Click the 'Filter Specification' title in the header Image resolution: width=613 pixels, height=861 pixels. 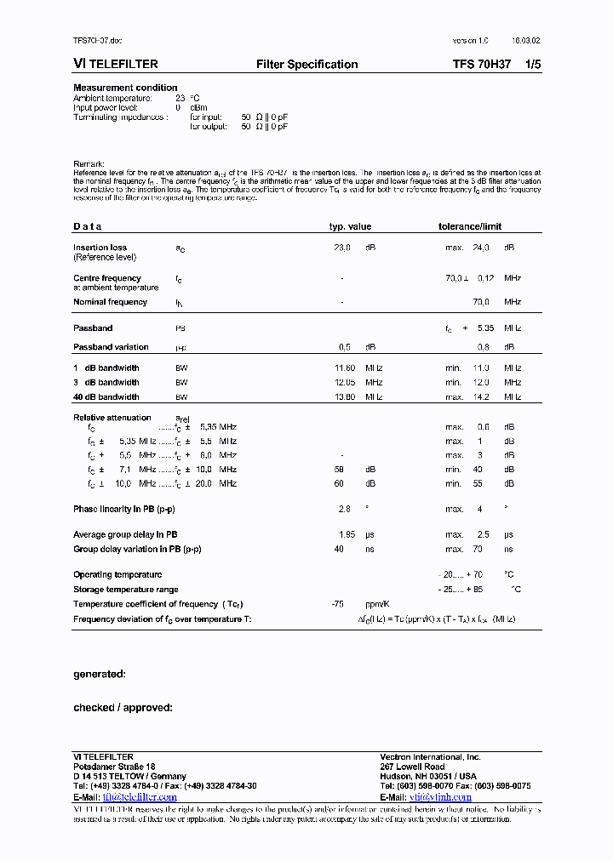306,65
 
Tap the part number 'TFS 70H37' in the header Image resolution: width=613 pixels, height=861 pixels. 482,65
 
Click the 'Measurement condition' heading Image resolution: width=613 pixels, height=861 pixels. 125,88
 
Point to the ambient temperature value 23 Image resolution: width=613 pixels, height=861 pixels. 180,98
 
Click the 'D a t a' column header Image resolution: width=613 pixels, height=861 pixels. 88,226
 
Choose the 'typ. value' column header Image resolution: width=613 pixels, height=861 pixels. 351,226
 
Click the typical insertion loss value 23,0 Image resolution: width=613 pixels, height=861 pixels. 341,248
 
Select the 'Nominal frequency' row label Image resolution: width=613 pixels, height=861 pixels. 110,302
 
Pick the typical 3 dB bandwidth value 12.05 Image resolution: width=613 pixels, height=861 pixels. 345,383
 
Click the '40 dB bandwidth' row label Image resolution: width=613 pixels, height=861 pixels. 106,396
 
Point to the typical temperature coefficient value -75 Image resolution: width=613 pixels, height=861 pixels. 337,603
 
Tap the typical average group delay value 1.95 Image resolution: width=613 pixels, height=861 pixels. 347,534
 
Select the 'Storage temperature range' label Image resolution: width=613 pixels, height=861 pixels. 126,590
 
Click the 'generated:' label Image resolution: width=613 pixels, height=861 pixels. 100,674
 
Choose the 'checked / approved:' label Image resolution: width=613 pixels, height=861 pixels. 123,707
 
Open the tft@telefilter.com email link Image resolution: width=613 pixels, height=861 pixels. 140,797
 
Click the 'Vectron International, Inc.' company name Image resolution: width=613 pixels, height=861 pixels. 430,756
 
